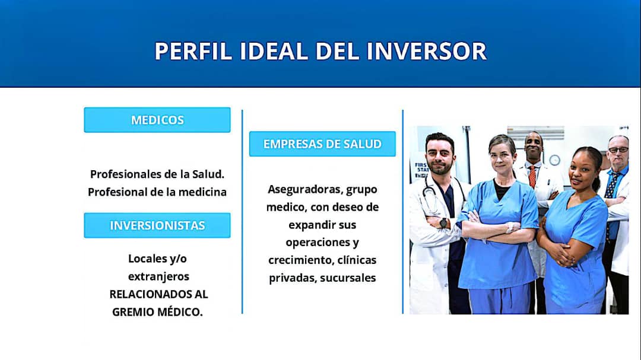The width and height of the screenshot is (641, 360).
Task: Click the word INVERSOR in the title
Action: [426, 51]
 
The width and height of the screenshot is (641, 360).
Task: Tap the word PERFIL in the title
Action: [193, 51]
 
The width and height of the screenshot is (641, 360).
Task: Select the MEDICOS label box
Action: [157, 120]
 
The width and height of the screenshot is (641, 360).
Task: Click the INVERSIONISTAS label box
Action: [157, 225]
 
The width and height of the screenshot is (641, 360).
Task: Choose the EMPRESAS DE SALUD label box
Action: [322, 144]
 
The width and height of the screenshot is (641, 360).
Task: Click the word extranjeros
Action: [158, 276]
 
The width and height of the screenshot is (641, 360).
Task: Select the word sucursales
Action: [348, 278]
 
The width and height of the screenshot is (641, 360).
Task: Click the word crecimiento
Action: [300, 260]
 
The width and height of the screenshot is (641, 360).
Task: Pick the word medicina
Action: [202, 192]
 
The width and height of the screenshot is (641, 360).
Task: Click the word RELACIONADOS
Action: [144, 294]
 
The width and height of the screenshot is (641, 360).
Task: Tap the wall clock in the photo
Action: [555, 160]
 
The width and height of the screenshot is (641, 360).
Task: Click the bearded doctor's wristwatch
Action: [443, 223]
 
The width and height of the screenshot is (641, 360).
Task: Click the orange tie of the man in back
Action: [532, 177]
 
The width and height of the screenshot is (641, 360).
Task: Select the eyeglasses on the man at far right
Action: [618, 149]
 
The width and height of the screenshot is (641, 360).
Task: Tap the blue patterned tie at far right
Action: [611, 186]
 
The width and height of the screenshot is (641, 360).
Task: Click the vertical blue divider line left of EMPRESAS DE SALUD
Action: [242, 212]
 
